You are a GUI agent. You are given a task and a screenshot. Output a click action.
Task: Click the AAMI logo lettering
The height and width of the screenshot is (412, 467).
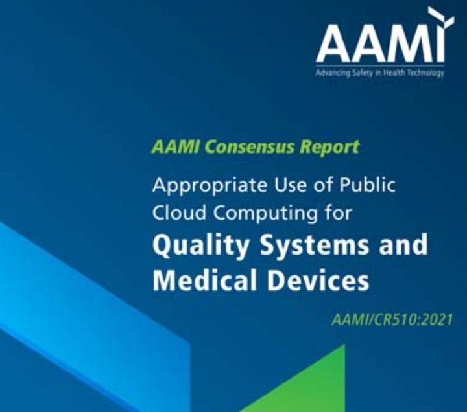[x=379, y=45]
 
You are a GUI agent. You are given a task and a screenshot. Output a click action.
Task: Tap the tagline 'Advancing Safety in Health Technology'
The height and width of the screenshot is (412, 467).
[x=380, y=73]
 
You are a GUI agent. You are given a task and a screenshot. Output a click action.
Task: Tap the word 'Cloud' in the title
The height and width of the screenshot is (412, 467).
[x=176, y=213]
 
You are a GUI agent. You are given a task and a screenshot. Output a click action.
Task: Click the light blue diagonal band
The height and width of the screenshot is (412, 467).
[x=65, y=279]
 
